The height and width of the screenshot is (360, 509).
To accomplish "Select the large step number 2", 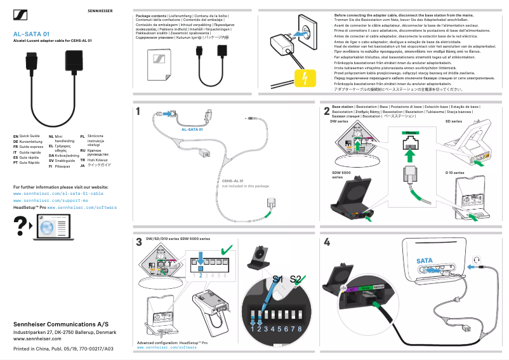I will coord(326,112).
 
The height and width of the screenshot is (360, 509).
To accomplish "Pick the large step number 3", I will coord(138,242).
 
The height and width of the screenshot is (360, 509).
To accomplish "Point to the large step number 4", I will coord(326,242).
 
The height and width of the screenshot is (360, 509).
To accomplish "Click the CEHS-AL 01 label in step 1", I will coord(232,181).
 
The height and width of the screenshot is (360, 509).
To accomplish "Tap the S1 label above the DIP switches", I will coord(277,279).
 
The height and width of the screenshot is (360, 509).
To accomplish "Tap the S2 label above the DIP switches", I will coord(295,279).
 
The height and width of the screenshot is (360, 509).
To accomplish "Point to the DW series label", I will coord(340,121).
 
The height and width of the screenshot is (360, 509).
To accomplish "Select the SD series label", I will coord(453,121).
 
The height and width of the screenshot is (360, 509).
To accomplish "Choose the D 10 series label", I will coord(454,173).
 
